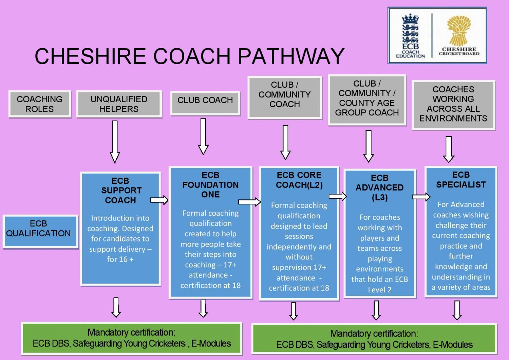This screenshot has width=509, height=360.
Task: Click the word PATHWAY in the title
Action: coord(291,56)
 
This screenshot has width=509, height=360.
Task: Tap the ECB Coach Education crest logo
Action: coord(410,36)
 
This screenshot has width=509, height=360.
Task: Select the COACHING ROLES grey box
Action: coord(40,104)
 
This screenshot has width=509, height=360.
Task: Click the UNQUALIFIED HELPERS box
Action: coord(119,104)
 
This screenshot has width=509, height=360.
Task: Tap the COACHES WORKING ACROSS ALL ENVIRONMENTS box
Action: coord(453,104)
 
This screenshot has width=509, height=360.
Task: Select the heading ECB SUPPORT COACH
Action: coord(120,191)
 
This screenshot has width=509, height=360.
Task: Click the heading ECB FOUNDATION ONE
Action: coord(210,185)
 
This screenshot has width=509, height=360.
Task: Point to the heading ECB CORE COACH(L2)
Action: coord(299,180)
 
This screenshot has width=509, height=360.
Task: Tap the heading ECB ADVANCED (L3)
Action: coord(379,187)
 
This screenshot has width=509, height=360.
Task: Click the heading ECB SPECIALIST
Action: coord(461,180)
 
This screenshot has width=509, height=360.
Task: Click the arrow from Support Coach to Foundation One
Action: coord(159,200)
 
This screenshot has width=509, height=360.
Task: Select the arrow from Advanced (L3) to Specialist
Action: coord(421,197)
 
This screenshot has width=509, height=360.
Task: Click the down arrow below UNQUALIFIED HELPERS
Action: coord(115,142)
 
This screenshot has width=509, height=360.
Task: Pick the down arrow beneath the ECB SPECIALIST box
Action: coord(457,310)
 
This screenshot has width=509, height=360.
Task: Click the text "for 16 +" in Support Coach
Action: coord(120,259)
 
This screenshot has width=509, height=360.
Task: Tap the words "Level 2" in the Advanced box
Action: coord(380,290)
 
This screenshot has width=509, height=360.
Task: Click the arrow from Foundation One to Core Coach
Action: coord(249,202)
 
